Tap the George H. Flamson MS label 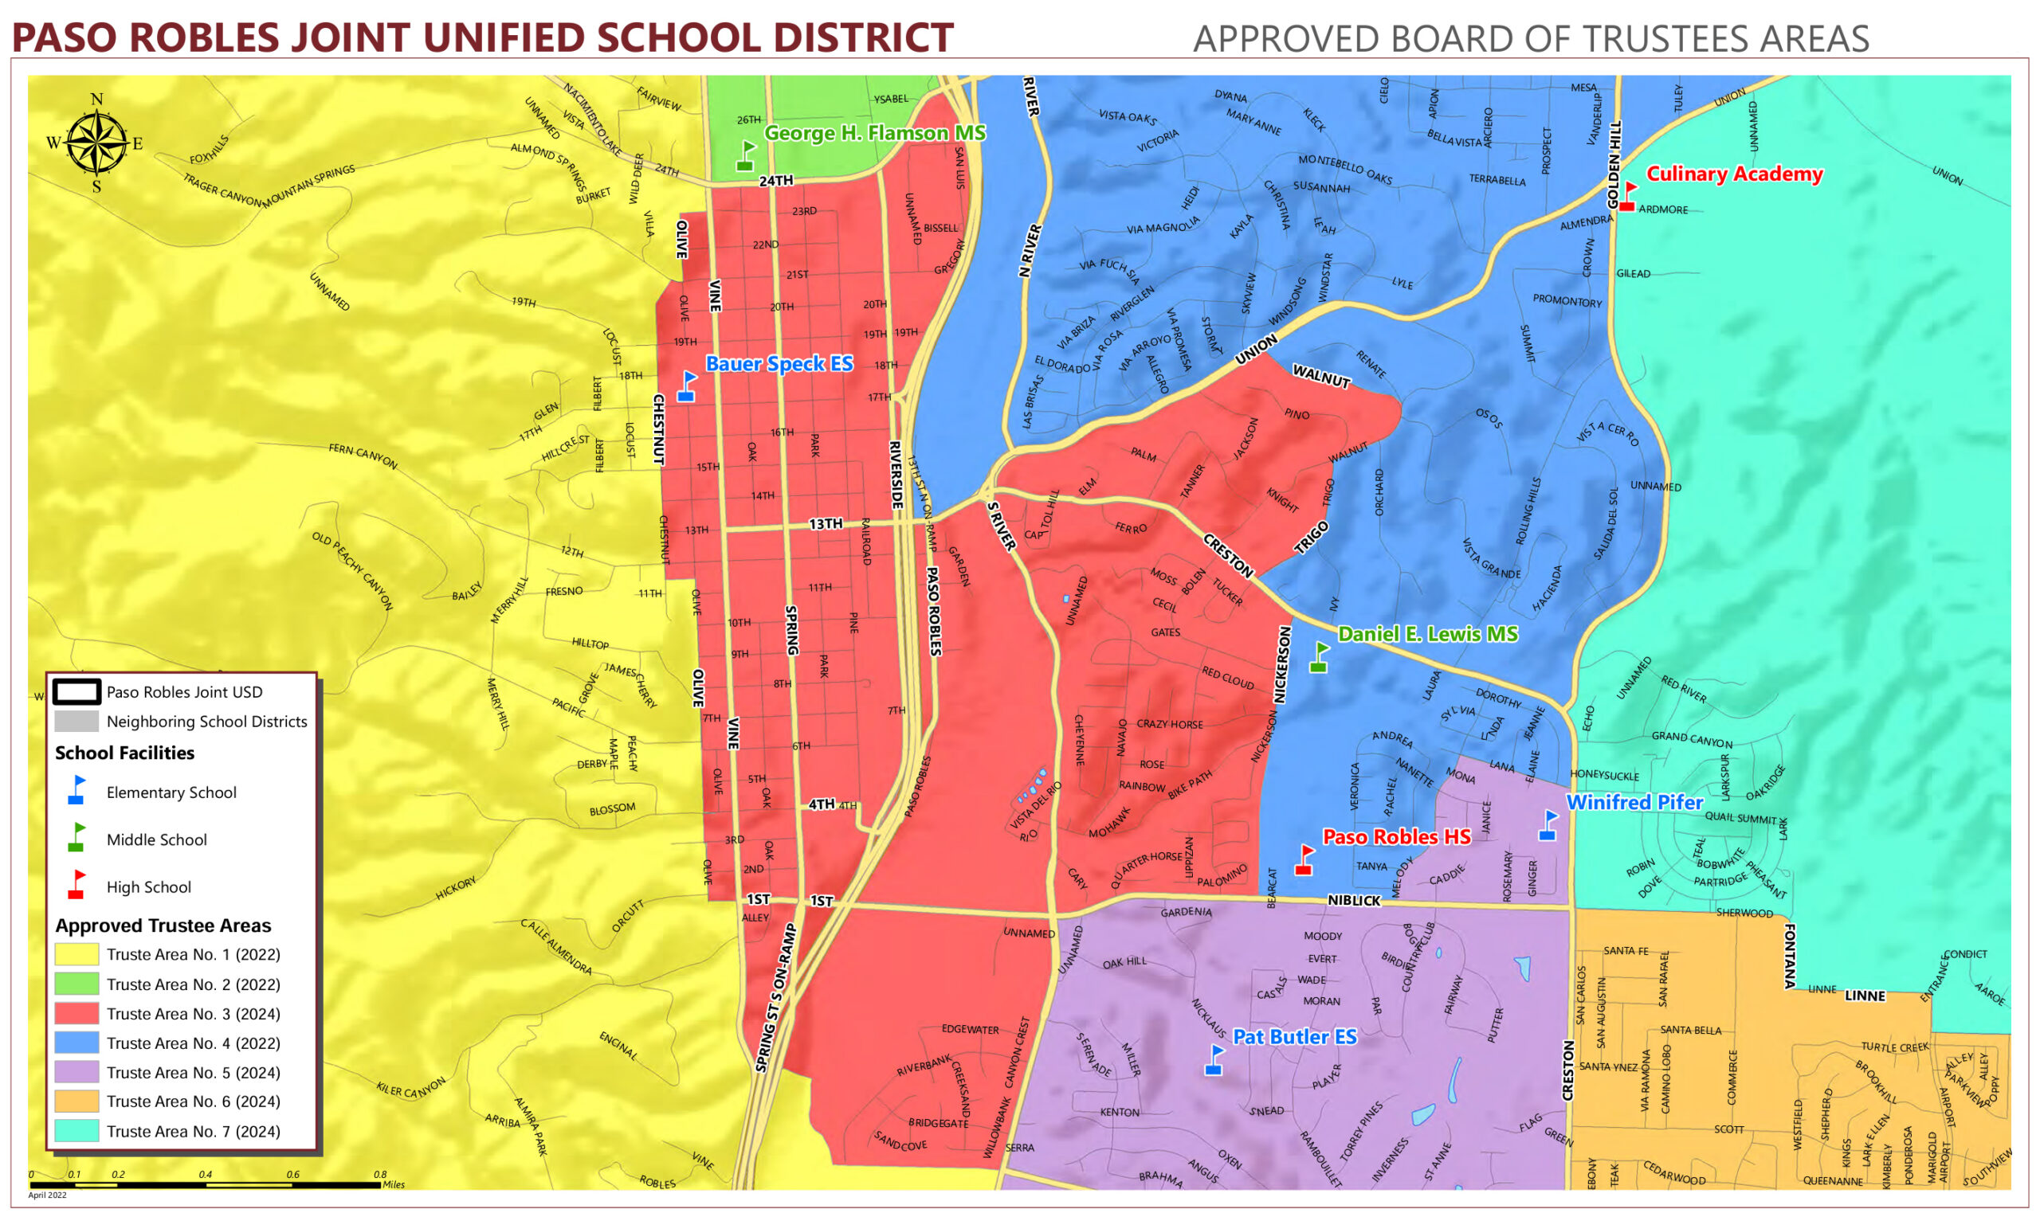click(874, 133)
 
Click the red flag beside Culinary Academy click(1628, 196)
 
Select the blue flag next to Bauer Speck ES click(687, 386)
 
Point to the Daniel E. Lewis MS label click(1427, 634)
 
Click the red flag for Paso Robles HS click(1305, 860)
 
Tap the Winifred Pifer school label click(1634, 803)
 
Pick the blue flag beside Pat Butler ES click(1215, 1060)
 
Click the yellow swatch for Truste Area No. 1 click(76, 955)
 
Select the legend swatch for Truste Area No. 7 click(76, 1131)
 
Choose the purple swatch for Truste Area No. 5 click(76, 1072)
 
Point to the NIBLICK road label click(1354, 901)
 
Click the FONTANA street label click(1790, 957)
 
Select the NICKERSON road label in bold click(1282, 664)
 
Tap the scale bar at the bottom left click(205, 1184)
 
